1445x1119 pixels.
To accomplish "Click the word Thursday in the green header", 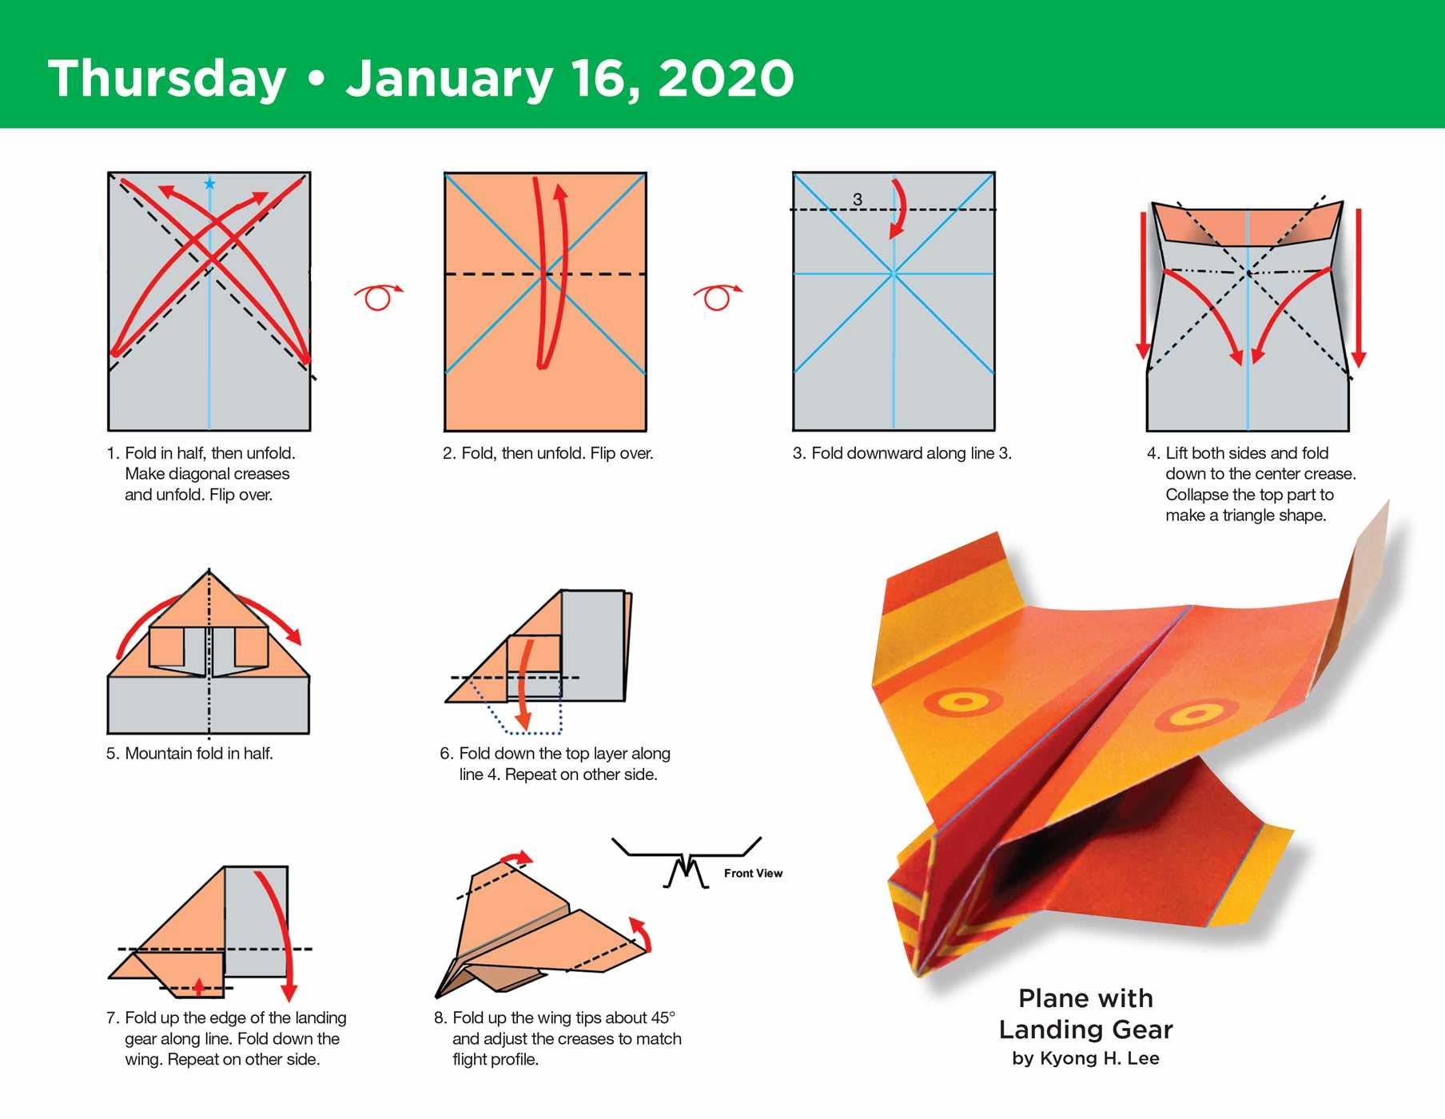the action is [167, 78].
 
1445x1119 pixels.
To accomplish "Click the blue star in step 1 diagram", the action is [209, 184].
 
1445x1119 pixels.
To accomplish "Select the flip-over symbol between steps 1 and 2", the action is [378, 297].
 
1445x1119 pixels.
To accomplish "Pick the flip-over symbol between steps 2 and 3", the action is [718, 297].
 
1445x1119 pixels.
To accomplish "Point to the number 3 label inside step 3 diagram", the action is [858, 199].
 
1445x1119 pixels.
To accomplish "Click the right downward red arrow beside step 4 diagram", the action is [1359, 288].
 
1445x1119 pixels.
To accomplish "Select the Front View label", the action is [753, 873].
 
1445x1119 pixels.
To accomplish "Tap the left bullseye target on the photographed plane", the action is [962, 702].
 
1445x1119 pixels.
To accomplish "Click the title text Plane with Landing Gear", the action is [1085, 1013].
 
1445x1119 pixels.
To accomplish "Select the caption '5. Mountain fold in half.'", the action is [190, 753].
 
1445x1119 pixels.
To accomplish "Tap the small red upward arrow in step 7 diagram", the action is [199, 986].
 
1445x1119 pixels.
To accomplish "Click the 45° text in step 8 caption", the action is [661, 1017].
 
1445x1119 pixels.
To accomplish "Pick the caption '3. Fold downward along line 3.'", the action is [902, 453].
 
